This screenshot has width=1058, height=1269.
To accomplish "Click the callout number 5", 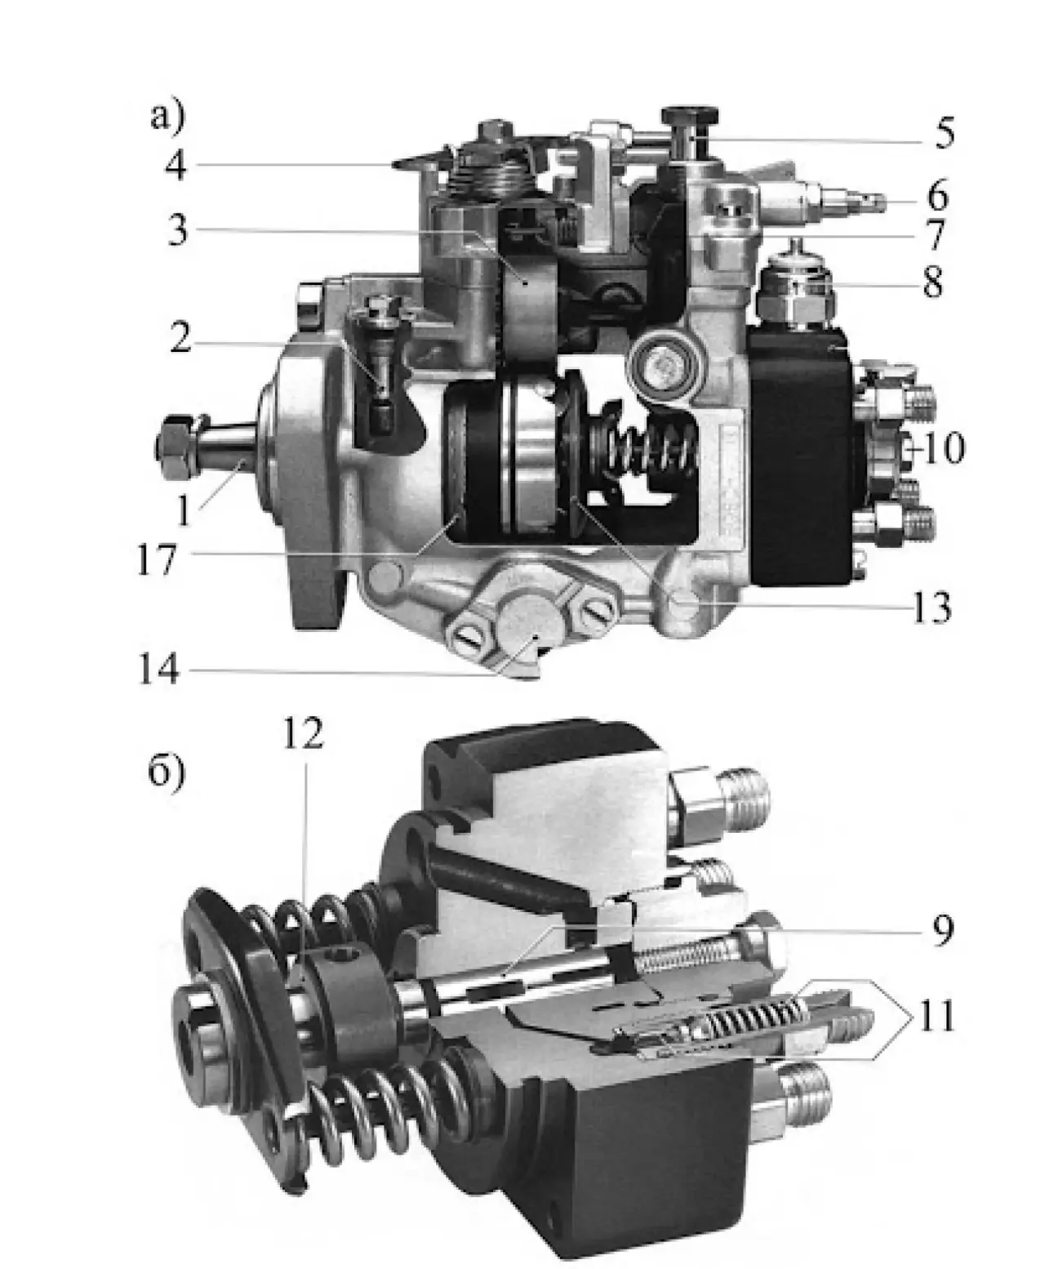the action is pyautogui.click(x=943, y=133).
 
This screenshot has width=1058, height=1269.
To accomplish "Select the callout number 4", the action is pyautogui.click(x=176, y=165).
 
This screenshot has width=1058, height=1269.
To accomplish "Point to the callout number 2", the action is pyautogui.click(x=180, y=338).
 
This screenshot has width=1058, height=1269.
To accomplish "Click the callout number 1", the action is pyautogui.click(x=184, y=510).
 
